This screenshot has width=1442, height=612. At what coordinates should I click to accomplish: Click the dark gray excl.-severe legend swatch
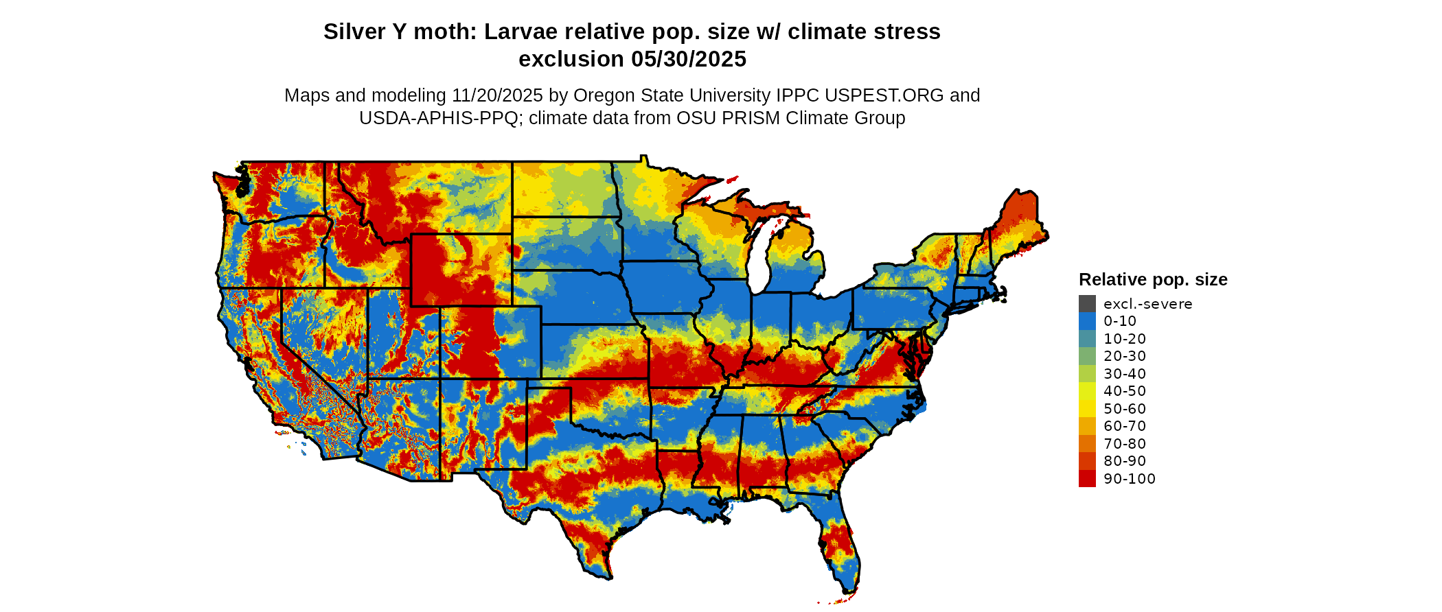pyautogui.click(x=1087, y=304)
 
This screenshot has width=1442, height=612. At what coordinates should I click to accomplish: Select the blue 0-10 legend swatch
pyautogui.click(x=1087, y=321)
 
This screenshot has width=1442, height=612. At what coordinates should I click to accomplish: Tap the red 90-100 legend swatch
pyautogui.click(x=1087, y=479)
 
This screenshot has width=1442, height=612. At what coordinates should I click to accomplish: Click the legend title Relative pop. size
pyautogui.click(x=1153, y=280)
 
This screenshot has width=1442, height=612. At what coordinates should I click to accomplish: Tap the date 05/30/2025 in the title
pyautogui.click(x=689, y=60)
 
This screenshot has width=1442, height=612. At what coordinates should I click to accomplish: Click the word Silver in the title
pyautogui.click(x=355, y=32)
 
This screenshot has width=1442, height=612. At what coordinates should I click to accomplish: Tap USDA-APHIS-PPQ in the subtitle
pyautogui.click(x=439, y=118)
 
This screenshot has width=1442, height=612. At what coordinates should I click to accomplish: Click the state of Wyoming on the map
pyautogui.click(x=461, y=270)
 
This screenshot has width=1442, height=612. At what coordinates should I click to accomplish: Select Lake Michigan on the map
pyautogui.click(x=757, y=261)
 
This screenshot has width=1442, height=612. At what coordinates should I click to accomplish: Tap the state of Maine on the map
pyautogui.click(x=1019, y=220)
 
